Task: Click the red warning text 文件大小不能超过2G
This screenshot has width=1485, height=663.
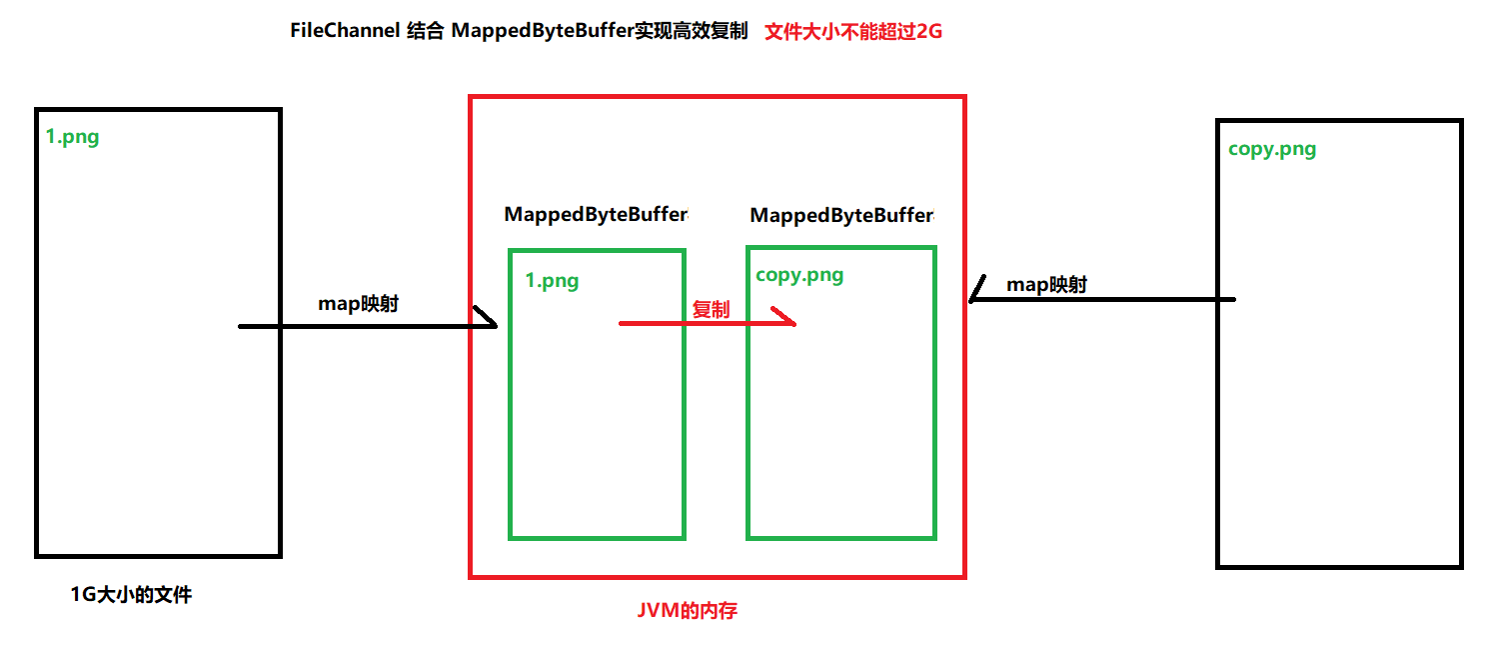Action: point(853,32)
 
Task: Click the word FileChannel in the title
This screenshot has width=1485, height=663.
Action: point(344,31)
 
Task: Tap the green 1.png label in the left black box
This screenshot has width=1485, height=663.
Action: point(73,137)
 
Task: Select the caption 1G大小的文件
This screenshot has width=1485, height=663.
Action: point(131,595)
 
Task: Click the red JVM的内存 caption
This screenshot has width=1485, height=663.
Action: point(687,610)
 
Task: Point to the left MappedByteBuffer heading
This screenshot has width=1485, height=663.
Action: point(596,214)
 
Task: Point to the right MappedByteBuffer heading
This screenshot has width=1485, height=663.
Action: point(841,215)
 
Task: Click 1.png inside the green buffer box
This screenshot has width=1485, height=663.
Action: point(553,281)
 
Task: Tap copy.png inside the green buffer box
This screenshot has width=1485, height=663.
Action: point(799,275)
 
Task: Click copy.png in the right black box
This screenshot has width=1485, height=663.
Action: point(1272,149)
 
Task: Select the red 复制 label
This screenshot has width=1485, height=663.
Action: point(711,310)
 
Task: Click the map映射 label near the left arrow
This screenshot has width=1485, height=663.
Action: point(358,303)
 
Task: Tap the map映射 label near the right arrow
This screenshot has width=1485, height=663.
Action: point(1046,285)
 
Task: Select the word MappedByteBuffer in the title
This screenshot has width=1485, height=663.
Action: point(544,31)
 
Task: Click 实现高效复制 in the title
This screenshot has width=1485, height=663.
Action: point(693,31)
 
